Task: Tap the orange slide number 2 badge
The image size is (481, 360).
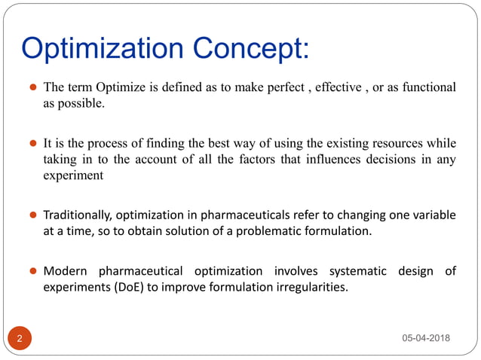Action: click(20, 338)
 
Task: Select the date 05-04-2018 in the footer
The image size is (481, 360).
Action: click(425, 338)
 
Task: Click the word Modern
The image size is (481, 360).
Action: click(66, 270)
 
